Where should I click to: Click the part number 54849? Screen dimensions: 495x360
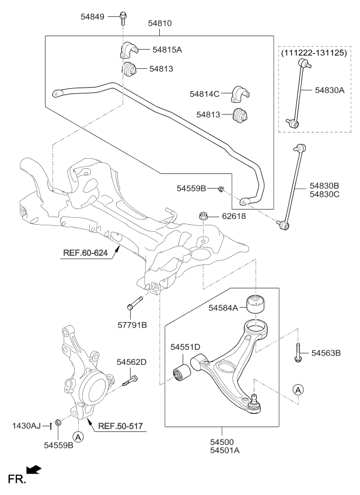[92, 17]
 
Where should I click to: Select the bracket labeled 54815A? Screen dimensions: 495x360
[128, 50]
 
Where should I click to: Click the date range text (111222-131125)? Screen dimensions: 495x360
[314, 53]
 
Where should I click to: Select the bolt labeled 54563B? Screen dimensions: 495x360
[298, 353]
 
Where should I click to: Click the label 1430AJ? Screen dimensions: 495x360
[26, 426]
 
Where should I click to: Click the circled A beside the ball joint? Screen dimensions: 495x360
[298, 389]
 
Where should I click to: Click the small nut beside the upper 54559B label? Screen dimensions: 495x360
[222, 189]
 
